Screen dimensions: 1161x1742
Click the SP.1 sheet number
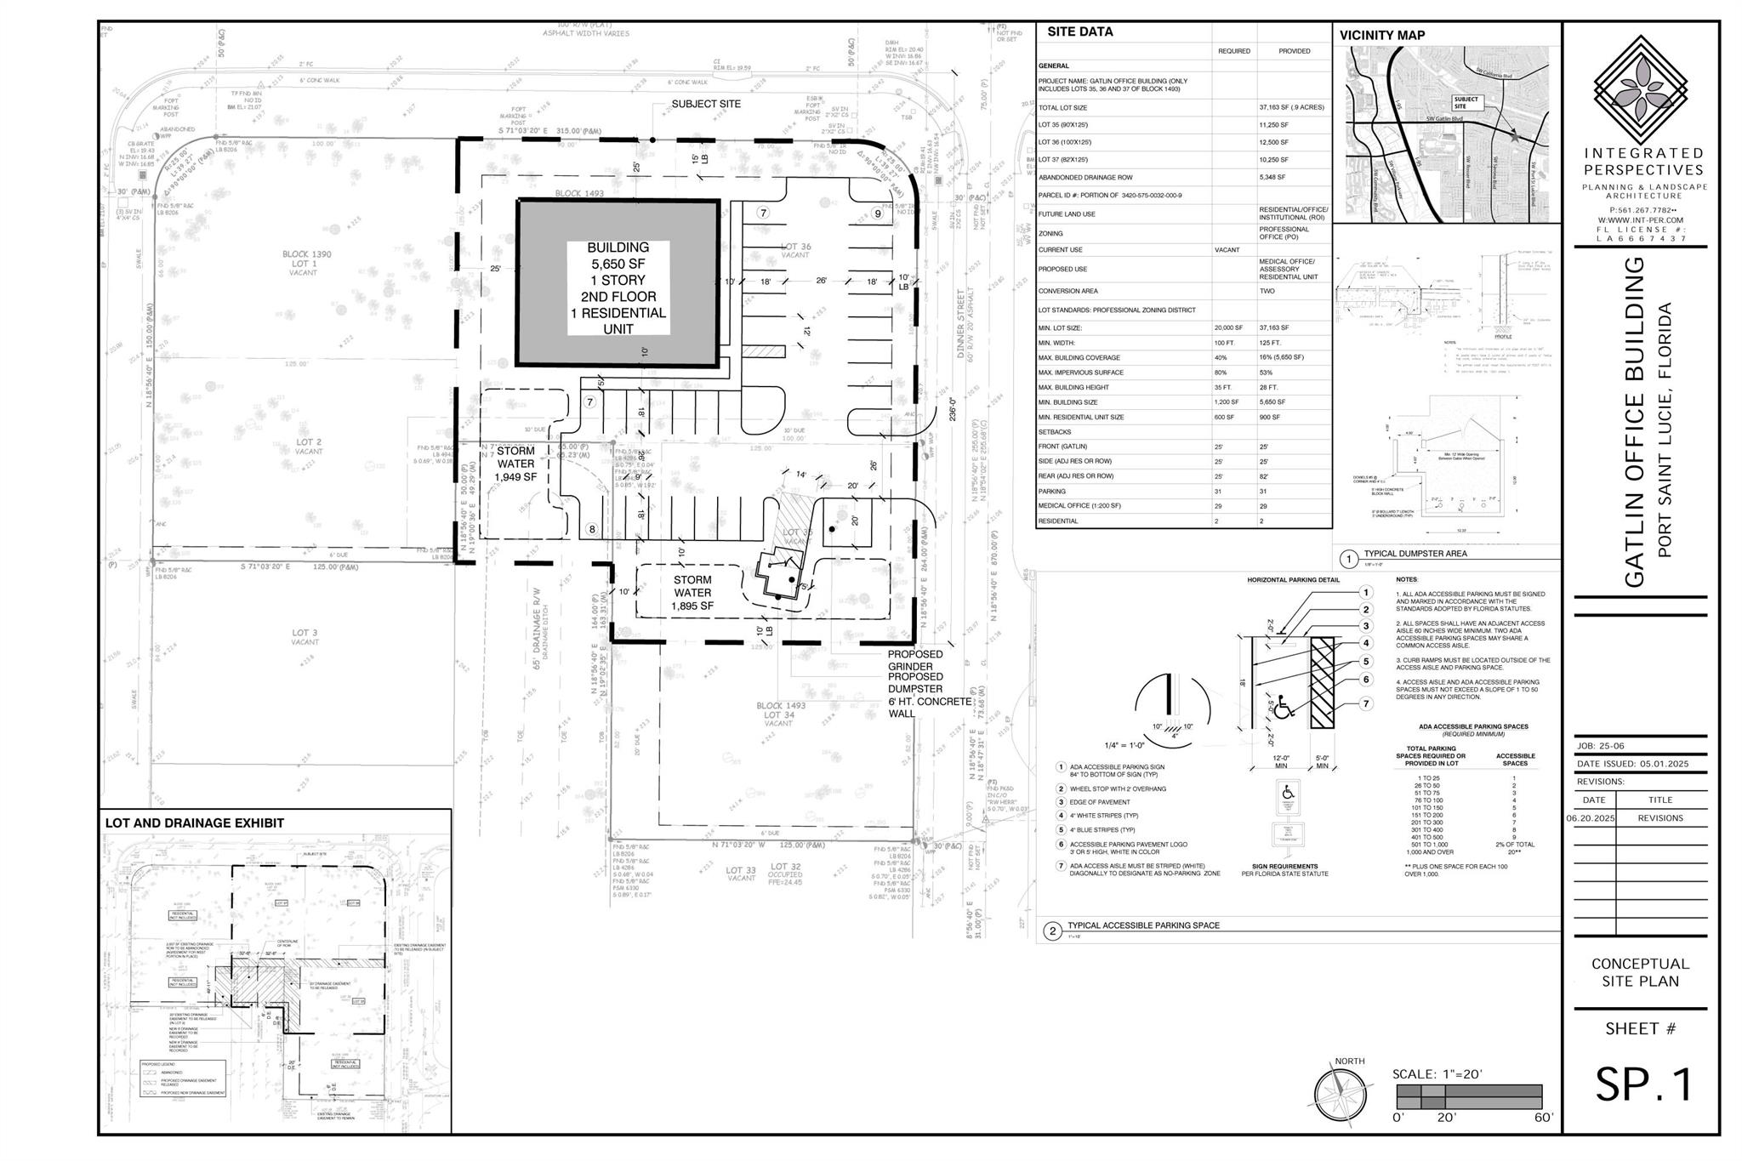tap(1643, 1084)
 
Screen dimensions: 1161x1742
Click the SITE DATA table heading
tap(1079, 32)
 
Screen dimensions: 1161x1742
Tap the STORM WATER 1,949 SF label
tap(516, 464)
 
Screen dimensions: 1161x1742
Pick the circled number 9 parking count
tap(878, 213)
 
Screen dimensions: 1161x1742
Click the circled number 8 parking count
tap(592, 529)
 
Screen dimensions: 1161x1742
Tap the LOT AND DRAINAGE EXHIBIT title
tap(194, 822)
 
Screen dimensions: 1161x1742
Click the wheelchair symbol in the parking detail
tap(1284, 709)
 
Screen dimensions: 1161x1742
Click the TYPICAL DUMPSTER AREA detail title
tap(1415, 553)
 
